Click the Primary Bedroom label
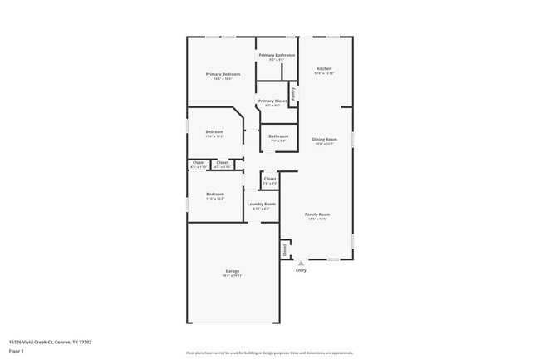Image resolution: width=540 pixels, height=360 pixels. pyautogui.click(x=218, y=74)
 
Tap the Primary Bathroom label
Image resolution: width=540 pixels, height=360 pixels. pyautogui.click(x=277, y=55)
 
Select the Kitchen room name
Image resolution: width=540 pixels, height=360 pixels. pyautogui.click(x=324, y=68)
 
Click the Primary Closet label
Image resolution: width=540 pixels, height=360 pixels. pyautogui.click(x=272, y=101)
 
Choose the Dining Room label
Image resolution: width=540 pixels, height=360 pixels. pyautogui.click(x=324, y=139)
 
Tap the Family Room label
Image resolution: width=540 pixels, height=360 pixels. pyautogui.click(x=317, y=215)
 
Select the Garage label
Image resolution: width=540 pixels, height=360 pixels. pyautogui.click(x=233, y=270)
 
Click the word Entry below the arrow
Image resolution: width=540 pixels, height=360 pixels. pyautogui.click(x=301, y=270)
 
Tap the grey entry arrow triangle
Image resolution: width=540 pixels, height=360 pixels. pyautogui.click(x=301, y=263)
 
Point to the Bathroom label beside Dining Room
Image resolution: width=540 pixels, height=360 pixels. pyautogui.click(x=278, y=136)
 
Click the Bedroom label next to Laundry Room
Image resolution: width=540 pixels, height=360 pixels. pyautogui.click(x=214, y=194)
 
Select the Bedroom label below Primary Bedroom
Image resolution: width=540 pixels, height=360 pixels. pyautogui.click(x=214, y=131)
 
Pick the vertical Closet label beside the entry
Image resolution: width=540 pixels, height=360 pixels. pyautogui.click(x=284, y=249)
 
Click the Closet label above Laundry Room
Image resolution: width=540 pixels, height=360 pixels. pyautogui.click(x=270, y=179)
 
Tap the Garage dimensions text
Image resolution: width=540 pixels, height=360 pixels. pyautogui.click(x=233, y=275)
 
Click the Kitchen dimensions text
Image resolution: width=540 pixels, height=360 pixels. pyautogui.click(x=324, y=73)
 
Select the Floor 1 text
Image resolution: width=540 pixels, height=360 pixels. pyautogui.click(x=17, y=351)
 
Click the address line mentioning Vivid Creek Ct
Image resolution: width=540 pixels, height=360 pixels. pyautogui.click(x=50, y=341)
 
